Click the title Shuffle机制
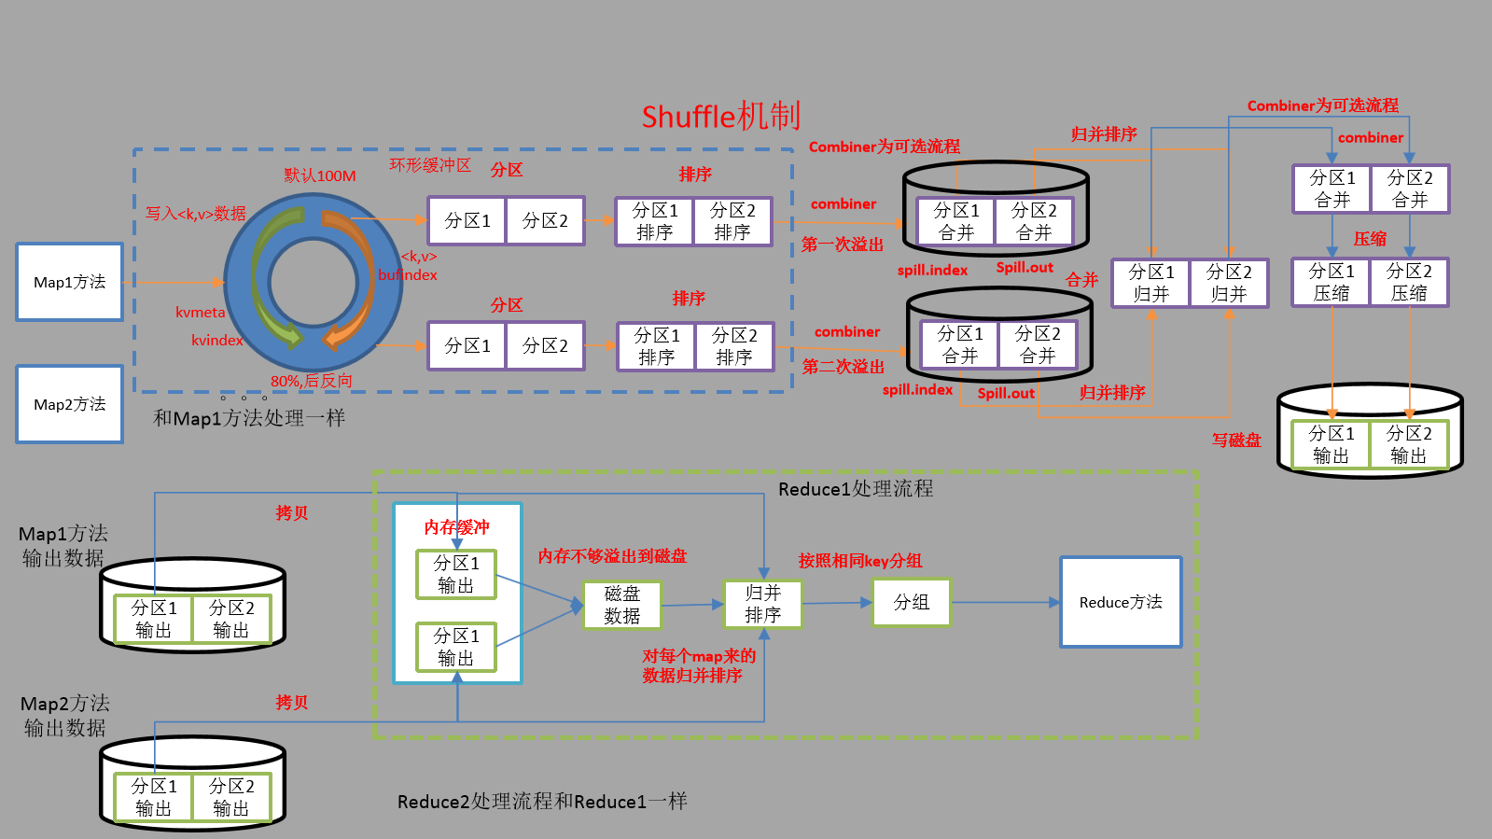tap(720, 117)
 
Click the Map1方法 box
tap(69, 282)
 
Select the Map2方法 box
tap(69, 404)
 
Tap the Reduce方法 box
tap(1121, 602)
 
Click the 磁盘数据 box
tap(621, 605)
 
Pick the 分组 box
tap(911, 602)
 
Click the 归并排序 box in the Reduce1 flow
tap(762, 604)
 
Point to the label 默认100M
tap(320, 175)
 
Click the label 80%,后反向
tap(312, 381)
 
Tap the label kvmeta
tap(201, 313)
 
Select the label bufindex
tap(408, 274)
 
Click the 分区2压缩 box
tap(1409, 282)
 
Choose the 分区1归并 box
tap(1150, 283)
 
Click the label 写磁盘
tap(1236, 440)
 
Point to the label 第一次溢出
tap(842, 245)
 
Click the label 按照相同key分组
tap(859, 561)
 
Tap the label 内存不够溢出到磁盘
tap(612, 556)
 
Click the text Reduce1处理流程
tap(856, 489)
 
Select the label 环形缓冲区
tap(430, 165)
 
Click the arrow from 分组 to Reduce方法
tap(1005, 602)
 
